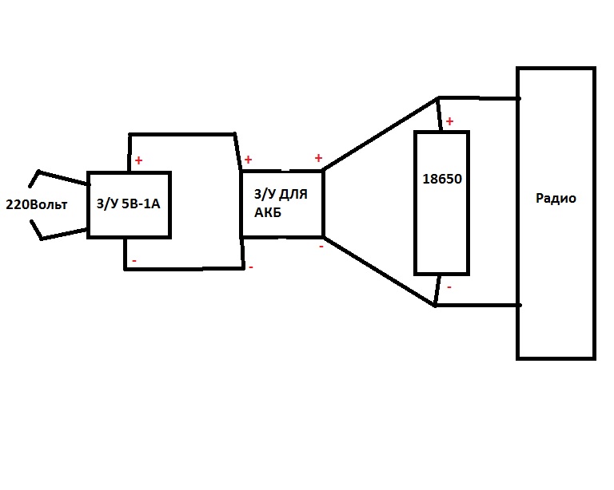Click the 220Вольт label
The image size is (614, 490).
[37, 204]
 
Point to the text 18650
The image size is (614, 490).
[442, 179]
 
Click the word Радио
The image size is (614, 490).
[556, 199]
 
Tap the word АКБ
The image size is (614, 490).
[268, 212]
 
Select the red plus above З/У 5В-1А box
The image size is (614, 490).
[138, 160]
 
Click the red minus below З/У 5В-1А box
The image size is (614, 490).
[134, 261]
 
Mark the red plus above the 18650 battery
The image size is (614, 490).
[449, 121]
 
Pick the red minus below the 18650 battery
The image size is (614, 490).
[449, 287]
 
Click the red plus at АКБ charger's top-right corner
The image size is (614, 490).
[318, 158]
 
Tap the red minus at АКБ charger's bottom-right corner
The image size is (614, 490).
[321, 246]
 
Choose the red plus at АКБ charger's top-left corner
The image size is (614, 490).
[248, 160]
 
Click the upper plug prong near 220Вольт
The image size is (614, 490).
[58, 178]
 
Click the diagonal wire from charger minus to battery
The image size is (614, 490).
[380, 271]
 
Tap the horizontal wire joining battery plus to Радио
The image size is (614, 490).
[479, 97]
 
